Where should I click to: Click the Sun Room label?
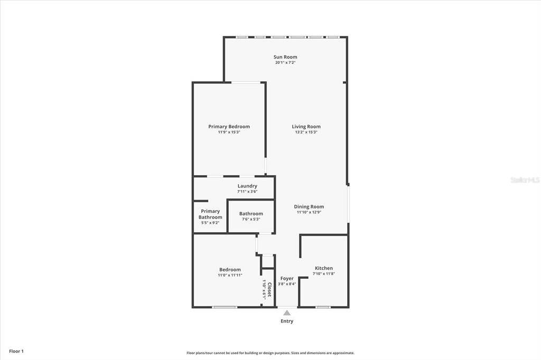[x=285, y=57]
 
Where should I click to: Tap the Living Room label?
[x=306, y=127]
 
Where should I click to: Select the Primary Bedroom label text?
[x=229, y=127]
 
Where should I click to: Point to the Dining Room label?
[x=309, y=207]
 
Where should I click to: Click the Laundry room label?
[x=247, y=186]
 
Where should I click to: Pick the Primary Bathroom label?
[x=210, y=214]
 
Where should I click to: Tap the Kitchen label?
[x=324, y=268]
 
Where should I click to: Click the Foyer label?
[x=287, y=278]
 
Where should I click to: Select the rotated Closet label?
[x=269, y=290]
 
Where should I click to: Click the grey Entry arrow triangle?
[x=287, y=313]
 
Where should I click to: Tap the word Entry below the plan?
[x=287, y=321]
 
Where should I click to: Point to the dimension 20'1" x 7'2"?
[x=285, y=63]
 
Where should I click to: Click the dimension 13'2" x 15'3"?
[x=306, y=132]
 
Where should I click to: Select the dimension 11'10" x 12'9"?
[x=309, y=212]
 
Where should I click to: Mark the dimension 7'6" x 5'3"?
[x=251, y=219]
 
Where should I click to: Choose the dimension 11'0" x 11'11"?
[x=230, y=275]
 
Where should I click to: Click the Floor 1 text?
[x=16, y=351]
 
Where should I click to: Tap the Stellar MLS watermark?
[x=525, y=180]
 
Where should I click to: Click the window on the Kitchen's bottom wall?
[x=323, y=307]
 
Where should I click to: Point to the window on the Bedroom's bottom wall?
[x=225, y=307]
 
